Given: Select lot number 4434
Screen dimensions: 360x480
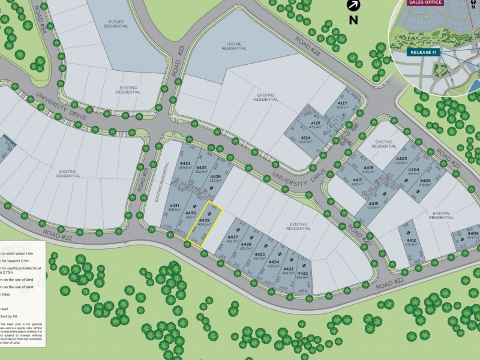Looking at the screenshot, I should coord(185,166).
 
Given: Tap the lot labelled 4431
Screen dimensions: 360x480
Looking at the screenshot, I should coord(175,208).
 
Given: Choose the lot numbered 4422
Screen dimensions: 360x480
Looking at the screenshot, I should coord(302,274).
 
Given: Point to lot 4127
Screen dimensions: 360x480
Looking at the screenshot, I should coord(343,106).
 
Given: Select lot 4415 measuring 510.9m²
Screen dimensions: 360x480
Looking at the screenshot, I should coord(373,206).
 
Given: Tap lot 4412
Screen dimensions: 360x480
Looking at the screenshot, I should coord(411,242).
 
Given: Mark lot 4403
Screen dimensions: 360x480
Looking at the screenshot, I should coord(401,160).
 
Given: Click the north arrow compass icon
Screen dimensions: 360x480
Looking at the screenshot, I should coord(353,5).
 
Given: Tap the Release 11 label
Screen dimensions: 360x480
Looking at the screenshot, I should coord(424,52).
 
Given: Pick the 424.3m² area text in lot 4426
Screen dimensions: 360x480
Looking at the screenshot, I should coord(246,248).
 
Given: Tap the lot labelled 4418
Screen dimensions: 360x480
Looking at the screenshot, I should coord(369,169).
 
